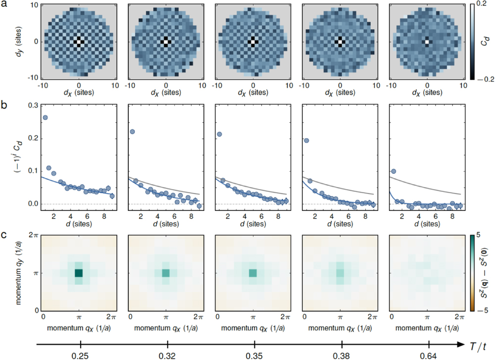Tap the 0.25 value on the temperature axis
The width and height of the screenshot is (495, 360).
pyautogui.click(x=80, y=355)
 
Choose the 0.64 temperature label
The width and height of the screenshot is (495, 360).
pyautogui.click(x=429, y=355)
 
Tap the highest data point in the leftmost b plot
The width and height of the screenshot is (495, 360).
pyautogui.click(x=45, y=118)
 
